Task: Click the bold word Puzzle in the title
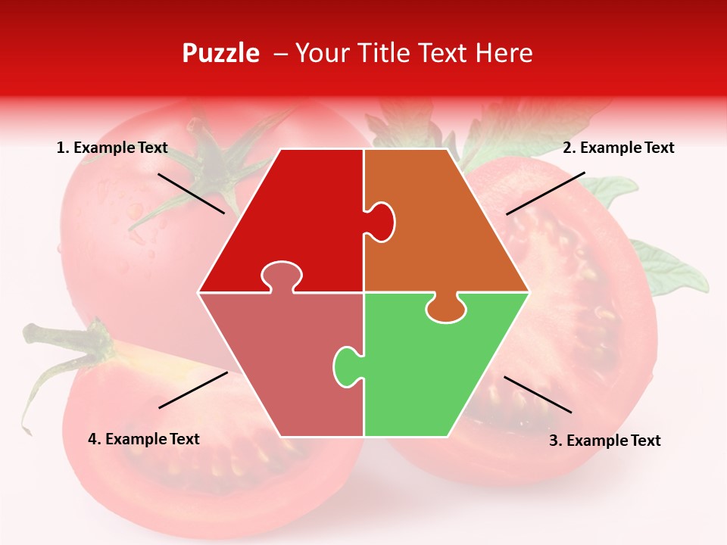220,53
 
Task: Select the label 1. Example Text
112,148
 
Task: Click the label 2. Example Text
618,148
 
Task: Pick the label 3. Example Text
604,441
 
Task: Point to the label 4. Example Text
144,439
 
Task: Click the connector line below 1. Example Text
191,193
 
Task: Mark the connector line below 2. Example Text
545,193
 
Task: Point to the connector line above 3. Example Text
538,394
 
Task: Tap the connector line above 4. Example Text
193,390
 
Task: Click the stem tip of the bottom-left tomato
30,331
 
